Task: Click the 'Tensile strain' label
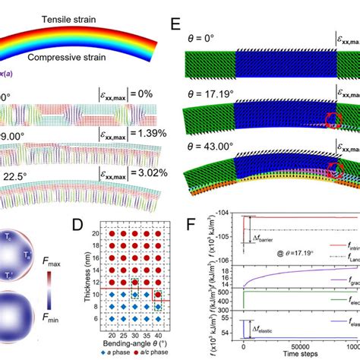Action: [x=68, y=16]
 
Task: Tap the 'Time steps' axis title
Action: [x=286, y=354]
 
